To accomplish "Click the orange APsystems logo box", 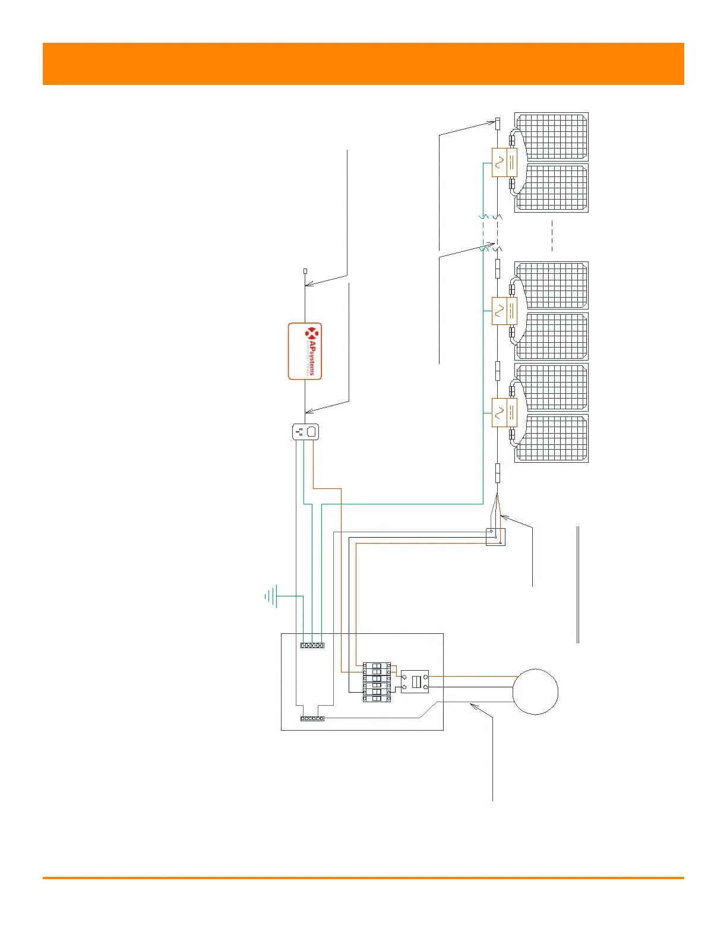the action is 305,351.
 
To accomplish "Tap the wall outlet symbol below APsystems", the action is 306,431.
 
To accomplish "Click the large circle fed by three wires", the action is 535,691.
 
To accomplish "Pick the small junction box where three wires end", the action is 495,537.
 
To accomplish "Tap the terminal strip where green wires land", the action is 312,645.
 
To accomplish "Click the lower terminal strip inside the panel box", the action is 312,719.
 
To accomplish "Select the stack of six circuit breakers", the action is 377,683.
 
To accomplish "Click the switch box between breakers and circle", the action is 415,682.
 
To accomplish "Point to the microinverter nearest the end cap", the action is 505,162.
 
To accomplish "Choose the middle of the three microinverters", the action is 505,311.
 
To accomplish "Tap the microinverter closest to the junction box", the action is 505,412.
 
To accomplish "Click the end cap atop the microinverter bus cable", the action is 498,124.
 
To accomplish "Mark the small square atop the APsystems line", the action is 305,271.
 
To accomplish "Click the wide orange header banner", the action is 363,64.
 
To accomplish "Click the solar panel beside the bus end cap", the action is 552,137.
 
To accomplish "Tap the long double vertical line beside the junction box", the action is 578,585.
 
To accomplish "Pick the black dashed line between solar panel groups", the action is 552,236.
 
